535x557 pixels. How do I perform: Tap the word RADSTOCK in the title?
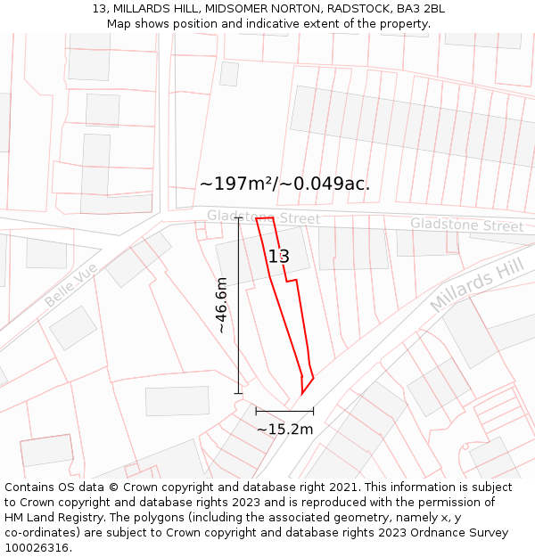coord(355,9)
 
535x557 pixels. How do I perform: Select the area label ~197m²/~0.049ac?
coord(284,184)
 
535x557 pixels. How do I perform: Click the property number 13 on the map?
coord(278,257)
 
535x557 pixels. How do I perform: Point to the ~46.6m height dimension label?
coord(221,305)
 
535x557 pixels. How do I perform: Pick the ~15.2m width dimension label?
coord(284,430)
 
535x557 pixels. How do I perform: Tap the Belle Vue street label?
coord(70,286)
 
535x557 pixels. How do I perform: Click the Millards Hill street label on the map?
coord(476,280)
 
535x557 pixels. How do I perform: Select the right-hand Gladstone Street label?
coord(466,225)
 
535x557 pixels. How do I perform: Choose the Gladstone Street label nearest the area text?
coord(263,217)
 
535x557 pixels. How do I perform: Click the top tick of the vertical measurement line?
coord(238,217)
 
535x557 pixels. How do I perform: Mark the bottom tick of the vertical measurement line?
coord(238,393)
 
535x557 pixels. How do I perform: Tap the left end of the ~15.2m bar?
coord(256,411)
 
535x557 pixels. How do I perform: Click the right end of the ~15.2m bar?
coord(313,411)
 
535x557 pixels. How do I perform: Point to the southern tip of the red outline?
coord(302,394)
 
